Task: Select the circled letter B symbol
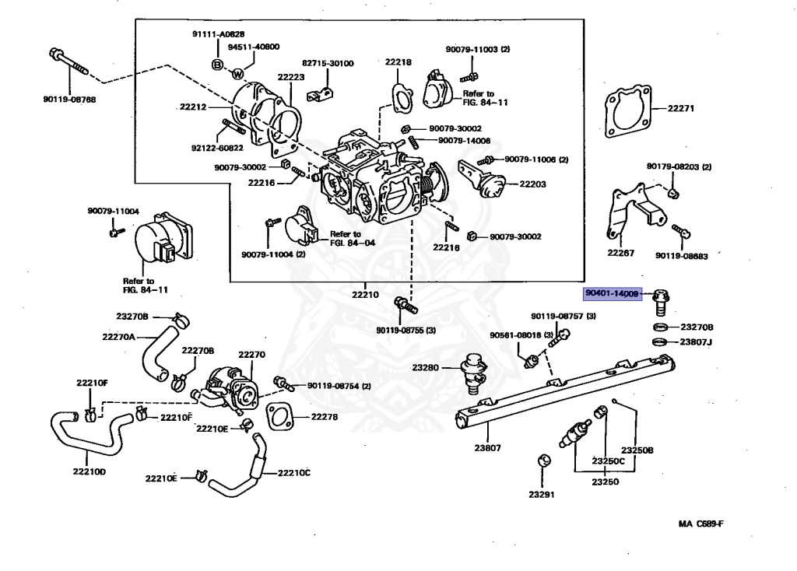pyautogui.click(x=219, y=64)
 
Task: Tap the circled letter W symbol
pyautogui.click(x=238, y=74)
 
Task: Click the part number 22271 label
pyautogui.click(x=681, y=108)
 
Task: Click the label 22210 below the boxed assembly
pyautogui.click(x=364, y=295)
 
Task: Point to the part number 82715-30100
pyautogui.click(x=328, y=63)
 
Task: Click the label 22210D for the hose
pyautogui.click(x=90, y=471)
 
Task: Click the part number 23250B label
pyautogui.click(x=637, y=450)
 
